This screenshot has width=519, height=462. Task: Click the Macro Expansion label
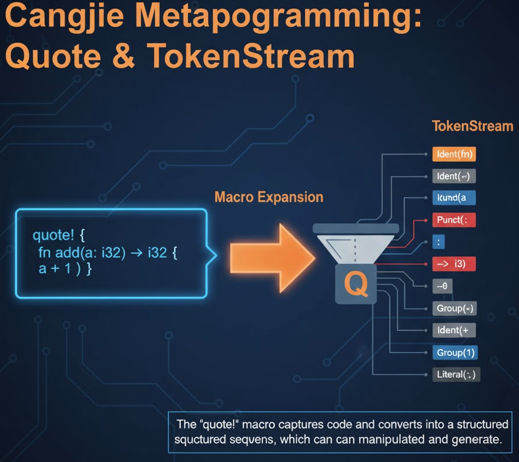click(x=269, y=197)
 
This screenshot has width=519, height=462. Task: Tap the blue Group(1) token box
click(x=454, y=353)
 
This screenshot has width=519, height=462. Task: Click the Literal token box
click(x=456, y=374)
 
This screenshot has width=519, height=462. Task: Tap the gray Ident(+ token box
click(x=453, y=330)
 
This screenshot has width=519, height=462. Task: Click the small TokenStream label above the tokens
click(x=472, y=126)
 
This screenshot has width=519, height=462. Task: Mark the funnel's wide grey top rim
click(x=356, y=228)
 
